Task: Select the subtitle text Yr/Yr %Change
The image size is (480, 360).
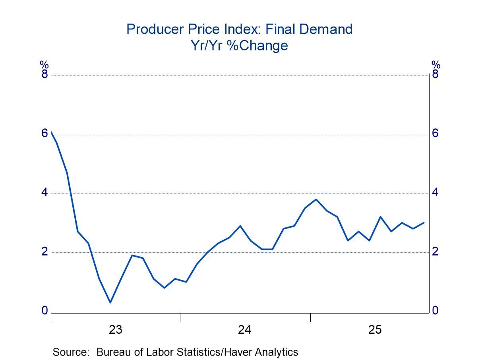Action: pos(239,46)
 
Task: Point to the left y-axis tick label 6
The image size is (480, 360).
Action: pos(45,133)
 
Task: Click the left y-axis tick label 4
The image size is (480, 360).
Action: pos(45,192)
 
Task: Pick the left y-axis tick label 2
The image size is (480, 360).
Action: pos(45,252)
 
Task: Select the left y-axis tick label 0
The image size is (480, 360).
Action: pos(45,310)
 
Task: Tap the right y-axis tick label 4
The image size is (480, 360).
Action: pos(435,192)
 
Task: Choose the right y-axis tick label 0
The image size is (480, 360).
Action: pos(435,310)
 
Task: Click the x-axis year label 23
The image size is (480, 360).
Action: pos(115,330)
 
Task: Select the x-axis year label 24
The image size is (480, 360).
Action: pos(245,330)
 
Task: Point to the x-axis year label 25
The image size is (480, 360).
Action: pos(375,330)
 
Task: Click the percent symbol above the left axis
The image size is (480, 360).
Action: pos(44,64)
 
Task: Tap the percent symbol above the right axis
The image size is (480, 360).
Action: pos(436,64)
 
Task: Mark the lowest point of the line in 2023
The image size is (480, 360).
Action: pos(110,302)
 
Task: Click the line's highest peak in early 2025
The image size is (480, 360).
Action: pos(316,199)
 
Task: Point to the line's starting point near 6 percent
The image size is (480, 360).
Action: pos(52,132)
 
